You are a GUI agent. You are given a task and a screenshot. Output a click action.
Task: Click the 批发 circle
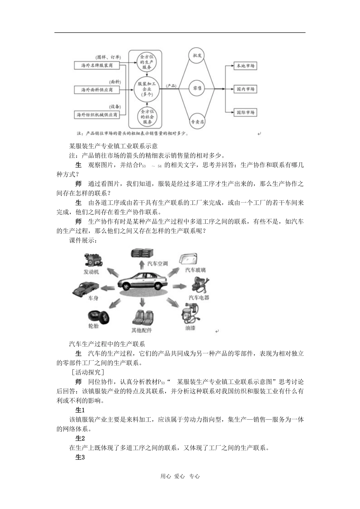(197, 55)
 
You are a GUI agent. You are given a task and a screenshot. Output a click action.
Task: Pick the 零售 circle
(197, 88)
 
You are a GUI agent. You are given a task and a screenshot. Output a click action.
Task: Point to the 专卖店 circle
(197, 122)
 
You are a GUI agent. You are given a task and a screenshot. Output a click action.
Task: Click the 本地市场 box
(245, 66)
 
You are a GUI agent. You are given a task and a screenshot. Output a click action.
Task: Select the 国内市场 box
(245, 89)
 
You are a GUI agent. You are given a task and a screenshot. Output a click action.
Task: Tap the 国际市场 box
(245, 112)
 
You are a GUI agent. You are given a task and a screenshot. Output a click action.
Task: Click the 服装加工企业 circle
(147, 89)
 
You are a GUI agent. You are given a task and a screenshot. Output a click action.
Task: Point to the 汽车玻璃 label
(195, 270)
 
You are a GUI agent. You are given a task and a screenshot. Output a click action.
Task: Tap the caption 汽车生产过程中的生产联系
(107, 344)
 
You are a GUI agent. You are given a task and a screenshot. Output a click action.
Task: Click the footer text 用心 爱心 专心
(180, 476)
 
